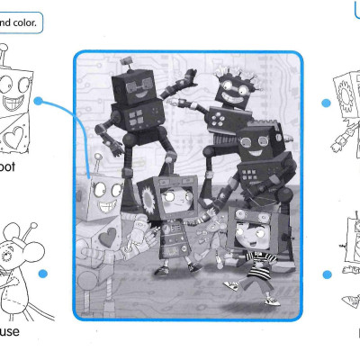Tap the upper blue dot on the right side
pos(326,104)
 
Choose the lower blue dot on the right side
pos(326,274)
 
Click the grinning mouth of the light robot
pos(107,207)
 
